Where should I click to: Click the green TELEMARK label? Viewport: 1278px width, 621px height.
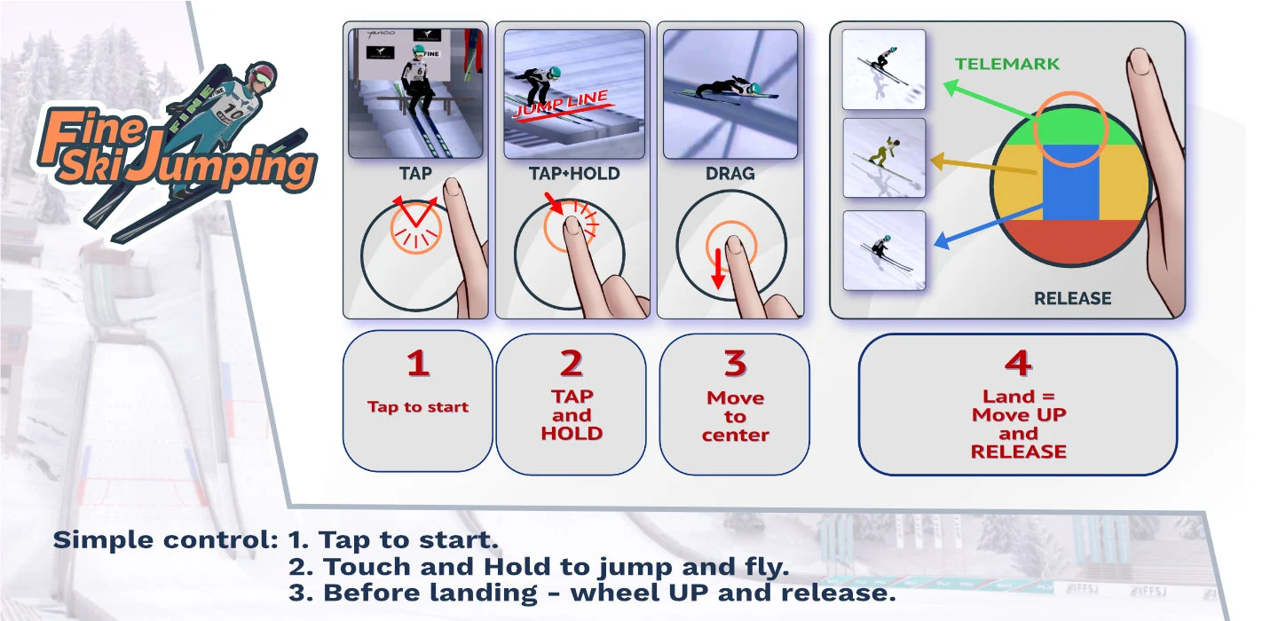click(1007, 64)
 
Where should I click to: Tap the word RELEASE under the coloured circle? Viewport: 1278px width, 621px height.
click(1073, 298)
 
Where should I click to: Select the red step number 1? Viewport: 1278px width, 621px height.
click(418, 364)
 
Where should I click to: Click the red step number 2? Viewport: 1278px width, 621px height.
click(572, 364)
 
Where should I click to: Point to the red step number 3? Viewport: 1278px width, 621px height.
click(736, 364)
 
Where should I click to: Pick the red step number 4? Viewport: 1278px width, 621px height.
click(1019, 364)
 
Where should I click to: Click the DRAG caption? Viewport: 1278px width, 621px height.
click(730, 173)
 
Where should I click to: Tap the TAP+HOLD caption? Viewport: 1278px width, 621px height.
click(574, 173)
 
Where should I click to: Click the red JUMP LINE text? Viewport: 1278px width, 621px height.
click(562, 104)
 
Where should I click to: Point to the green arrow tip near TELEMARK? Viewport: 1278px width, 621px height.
click(944, 85)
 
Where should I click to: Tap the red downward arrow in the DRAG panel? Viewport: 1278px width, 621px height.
click(718, 269)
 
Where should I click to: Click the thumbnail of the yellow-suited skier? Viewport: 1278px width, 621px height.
click(884, 158)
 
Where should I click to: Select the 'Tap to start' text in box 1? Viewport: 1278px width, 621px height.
click(418, 407)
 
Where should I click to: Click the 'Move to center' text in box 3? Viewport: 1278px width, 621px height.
click(736, 416)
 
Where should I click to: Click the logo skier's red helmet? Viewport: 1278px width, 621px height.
click(263, 75)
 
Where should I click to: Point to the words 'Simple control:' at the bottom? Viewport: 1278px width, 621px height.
click(165, 540)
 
